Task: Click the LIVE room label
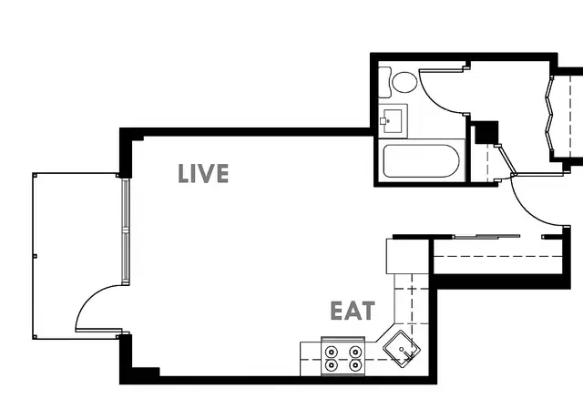[x=203, y=173]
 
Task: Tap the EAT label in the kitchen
[x=353, y=311]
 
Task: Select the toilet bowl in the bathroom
[x=404, y=82]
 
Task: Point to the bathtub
[x=421, y=161]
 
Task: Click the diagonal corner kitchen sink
[x=402, y=349]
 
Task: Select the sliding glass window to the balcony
[x=126, y=231]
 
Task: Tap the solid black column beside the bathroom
[x=486, y=132]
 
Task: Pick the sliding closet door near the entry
[x=487, y=236]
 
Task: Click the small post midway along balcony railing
[x=35, y=256]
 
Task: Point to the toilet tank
[x=384, y=82]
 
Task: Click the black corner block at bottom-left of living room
[x=146, y=372]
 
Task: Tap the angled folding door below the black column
[x=506, y=160]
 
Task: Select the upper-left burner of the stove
[x=331, y=351]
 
